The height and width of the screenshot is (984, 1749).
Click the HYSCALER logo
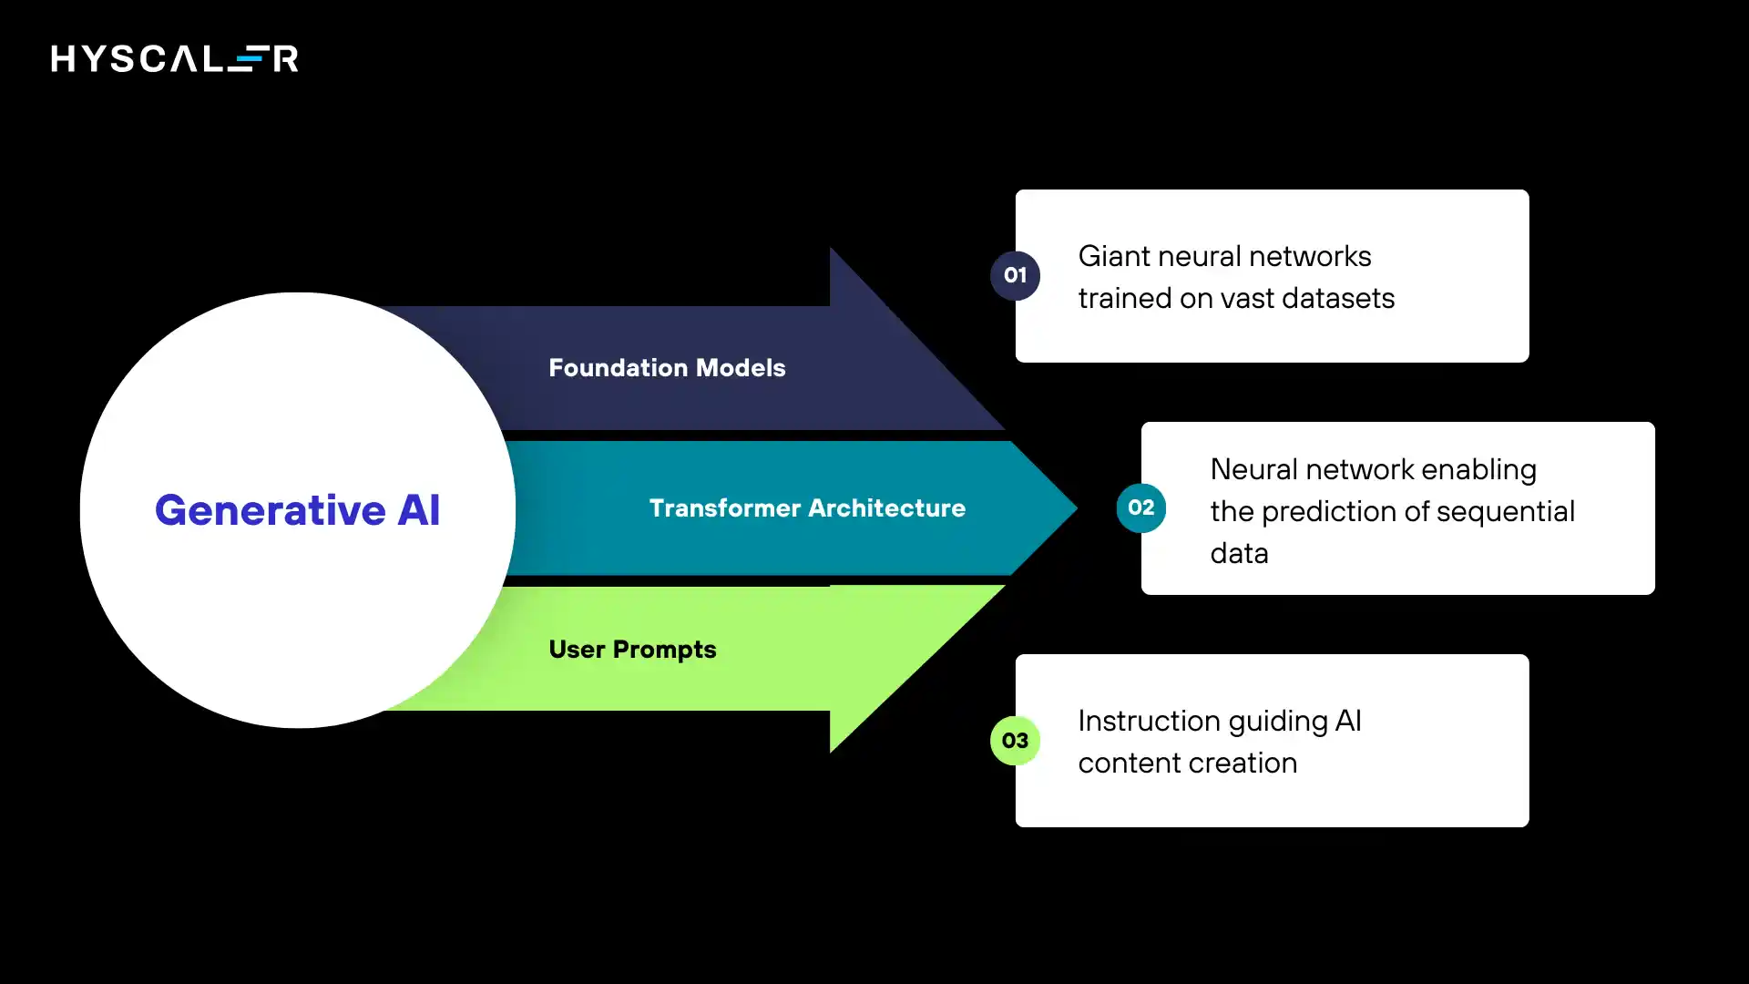point(174,59)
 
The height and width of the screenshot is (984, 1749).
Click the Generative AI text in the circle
point(297,509)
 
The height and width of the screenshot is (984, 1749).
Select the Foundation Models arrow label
point(667,367)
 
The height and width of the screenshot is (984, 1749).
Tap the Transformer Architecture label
point(807,507)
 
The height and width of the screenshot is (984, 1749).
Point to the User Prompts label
point(632,650)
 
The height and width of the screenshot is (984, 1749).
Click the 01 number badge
point(1015,275)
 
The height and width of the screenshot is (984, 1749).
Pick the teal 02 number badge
point(1140,507)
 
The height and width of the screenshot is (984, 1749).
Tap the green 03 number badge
point(1015,741)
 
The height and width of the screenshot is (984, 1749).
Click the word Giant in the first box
point(1112,257)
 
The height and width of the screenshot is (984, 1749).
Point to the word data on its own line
point(1239,553)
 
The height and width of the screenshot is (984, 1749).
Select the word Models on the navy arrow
point(740,367)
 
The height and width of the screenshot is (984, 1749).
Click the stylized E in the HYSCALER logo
point(247,59)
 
